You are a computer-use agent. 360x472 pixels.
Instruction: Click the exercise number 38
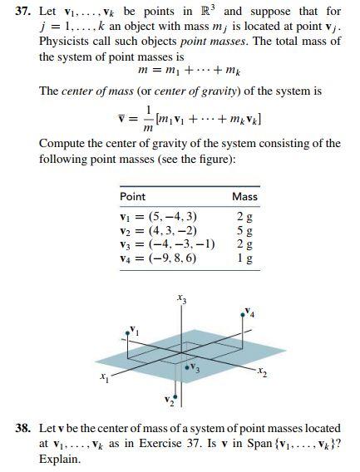click(24, 428)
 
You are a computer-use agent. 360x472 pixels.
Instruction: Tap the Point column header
click(133, 196)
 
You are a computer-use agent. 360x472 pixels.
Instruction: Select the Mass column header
click(244, 196)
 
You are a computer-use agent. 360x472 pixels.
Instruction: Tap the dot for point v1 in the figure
click(127, 331)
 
